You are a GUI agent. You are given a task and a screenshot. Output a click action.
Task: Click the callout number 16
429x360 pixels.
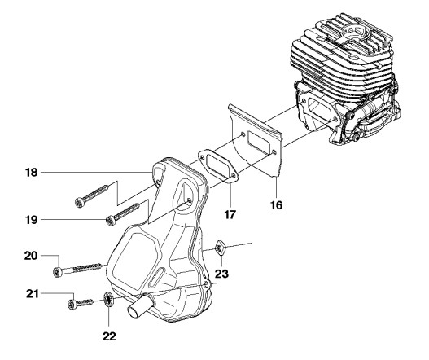point(276,205)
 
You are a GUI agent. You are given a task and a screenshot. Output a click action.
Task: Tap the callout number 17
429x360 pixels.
point(230,215)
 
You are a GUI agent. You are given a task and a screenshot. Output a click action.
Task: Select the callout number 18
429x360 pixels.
point(32,173)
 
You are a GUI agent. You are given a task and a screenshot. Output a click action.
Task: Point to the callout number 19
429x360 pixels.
point(31,220)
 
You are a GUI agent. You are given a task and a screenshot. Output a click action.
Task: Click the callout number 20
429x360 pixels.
point(31,256)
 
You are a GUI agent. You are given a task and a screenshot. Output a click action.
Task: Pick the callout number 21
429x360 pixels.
point(33,294)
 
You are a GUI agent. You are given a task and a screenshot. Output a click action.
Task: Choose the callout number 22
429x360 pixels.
point(109,336)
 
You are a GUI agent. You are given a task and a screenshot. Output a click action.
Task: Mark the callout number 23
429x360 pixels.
point(221,274)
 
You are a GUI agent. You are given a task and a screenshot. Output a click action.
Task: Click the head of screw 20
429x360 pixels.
point(57,272)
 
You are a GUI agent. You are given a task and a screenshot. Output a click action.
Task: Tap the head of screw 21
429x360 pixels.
point(72,305)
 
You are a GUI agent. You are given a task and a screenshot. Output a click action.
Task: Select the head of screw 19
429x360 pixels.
point(110,221)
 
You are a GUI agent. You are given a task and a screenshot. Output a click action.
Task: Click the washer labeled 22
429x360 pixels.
point(108,300)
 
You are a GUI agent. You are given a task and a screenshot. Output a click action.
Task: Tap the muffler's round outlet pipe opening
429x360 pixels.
point(134,312)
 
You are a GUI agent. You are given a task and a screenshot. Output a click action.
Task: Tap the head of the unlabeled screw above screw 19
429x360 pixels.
point(79,202)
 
